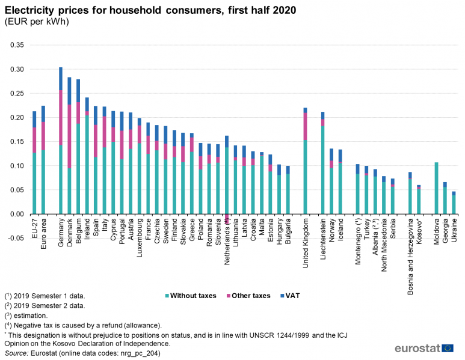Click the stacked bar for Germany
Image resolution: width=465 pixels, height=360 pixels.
point(61,141)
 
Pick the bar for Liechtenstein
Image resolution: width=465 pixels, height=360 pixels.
point(323,163)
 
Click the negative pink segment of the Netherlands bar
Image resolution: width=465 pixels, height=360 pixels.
point(226,219)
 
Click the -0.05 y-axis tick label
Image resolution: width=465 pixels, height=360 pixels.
point(15,238)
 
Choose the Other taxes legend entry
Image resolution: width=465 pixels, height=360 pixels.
point(248,296)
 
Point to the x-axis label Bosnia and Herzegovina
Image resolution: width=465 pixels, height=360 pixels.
point(410,253)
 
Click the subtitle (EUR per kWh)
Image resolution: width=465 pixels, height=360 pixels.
point(36,22)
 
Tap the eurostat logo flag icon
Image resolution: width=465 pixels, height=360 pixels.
point(448,348)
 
